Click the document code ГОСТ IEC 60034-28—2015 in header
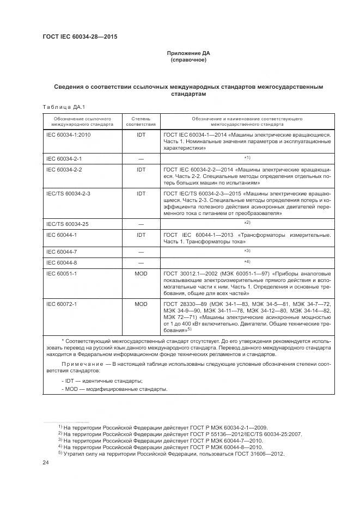(x=80, y=37)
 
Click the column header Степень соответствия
(x=141, y=121)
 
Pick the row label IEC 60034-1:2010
(x=68, y=134)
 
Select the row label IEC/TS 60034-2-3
(x=68, y=193)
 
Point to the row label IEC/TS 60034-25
(x=67, y=223)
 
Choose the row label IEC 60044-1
(x=62, y=235)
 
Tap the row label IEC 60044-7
(x=62, y=251)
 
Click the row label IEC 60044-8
(x=62, y=262)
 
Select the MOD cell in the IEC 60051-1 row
(x=141, y=273)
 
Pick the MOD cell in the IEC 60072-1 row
(x=141, y=303)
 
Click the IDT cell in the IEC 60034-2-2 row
(x=141, y=170)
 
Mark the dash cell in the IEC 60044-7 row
(x=141, y=251)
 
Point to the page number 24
(x=46, y=462)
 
